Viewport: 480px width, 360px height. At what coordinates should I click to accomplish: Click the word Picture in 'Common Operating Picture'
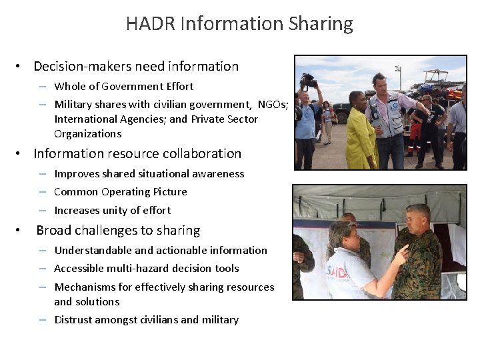[169, 192]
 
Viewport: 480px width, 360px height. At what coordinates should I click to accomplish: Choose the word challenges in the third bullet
[101, 231]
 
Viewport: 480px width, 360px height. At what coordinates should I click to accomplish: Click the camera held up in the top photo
[308, 81]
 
